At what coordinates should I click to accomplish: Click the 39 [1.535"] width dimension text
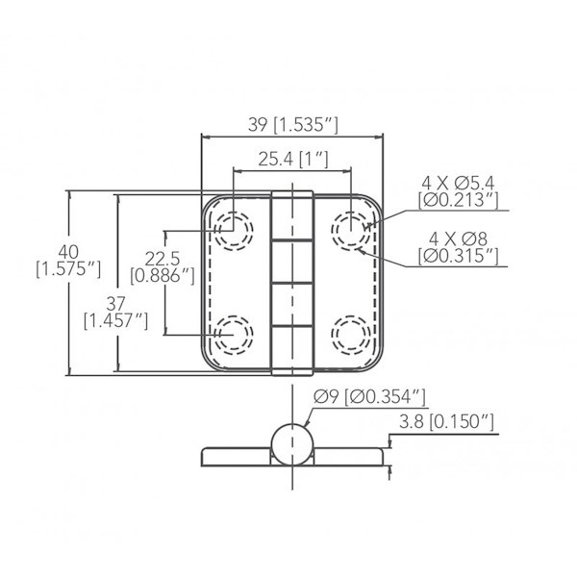tap(293, 125)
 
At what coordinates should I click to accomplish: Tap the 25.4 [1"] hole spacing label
tap(293, 160)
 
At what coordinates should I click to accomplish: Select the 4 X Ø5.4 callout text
tap(458, 183)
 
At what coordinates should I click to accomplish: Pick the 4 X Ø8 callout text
tap(458, 239)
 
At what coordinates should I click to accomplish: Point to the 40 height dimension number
tap(68, 252)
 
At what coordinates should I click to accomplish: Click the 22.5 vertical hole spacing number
tap(163, 259)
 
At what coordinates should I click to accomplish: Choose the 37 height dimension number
tap(116, 304)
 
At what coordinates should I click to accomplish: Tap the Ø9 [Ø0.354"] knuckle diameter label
tap(369, 396)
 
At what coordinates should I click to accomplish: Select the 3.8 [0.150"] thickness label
tap(446, 422)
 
